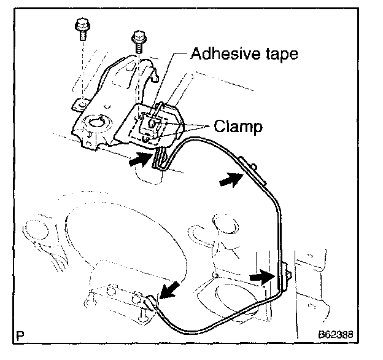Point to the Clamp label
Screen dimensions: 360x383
[238, 127]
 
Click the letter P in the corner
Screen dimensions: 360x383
[22, 337]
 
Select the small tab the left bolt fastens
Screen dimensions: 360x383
[79, 104]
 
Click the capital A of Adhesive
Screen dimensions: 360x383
[196, 54]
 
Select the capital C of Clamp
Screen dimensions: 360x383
[219, 127]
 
